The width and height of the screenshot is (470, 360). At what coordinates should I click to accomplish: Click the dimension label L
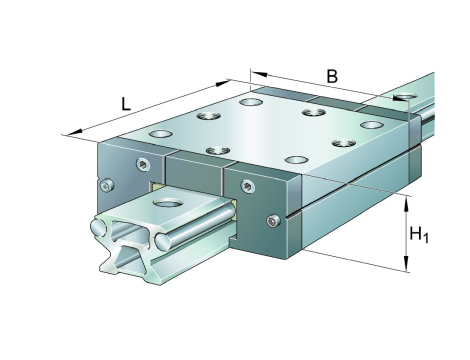coord(125,104)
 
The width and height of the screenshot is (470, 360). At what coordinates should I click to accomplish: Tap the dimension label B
coord(332,76)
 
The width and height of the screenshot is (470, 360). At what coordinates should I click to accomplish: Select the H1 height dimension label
coord(419,234)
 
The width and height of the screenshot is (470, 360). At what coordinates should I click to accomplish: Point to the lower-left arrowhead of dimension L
coord(75,132)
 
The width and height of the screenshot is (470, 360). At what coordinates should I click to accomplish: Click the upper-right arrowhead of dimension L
coord(222,83)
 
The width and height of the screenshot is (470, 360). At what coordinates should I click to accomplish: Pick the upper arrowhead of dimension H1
coord(406,204)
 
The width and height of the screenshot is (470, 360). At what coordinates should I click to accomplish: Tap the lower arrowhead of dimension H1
coord(406,263)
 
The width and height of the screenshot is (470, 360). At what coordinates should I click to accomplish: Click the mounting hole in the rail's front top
coord(167,202)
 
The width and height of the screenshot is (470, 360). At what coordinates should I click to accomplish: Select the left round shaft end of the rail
coord(99,228)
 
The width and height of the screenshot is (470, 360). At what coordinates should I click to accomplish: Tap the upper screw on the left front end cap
coord(143,164)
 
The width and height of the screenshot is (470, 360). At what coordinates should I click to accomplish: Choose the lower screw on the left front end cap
coord(107,185)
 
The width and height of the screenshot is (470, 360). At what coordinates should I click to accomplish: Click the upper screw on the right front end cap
coord(248,186)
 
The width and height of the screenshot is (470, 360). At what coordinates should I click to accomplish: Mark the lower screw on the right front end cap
coord(273,221)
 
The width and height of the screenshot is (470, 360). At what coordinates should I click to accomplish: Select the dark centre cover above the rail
coord(193,174)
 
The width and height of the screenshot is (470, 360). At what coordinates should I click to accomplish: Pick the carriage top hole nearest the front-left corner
coord(161,134)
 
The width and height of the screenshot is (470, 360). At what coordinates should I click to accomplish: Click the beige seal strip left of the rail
coord(156,186)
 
